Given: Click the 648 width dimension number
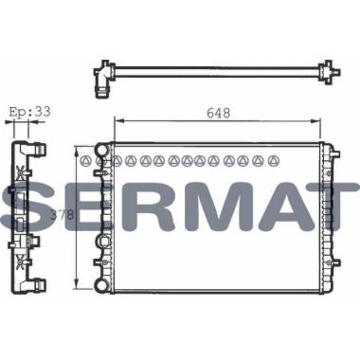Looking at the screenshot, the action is tap(219, 113).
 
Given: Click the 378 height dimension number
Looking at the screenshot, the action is tap(63, 215).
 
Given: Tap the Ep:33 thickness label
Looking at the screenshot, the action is tap(30, 112).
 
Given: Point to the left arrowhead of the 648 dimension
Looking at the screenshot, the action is tap(117, 120).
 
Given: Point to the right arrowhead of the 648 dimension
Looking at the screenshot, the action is tap(316, 120).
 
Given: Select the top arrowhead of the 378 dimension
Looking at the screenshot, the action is tap(76, 151).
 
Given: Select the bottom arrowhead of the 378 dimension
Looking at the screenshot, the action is tap(76, 283).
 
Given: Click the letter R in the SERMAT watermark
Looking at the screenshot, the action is tap(144, 207).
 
